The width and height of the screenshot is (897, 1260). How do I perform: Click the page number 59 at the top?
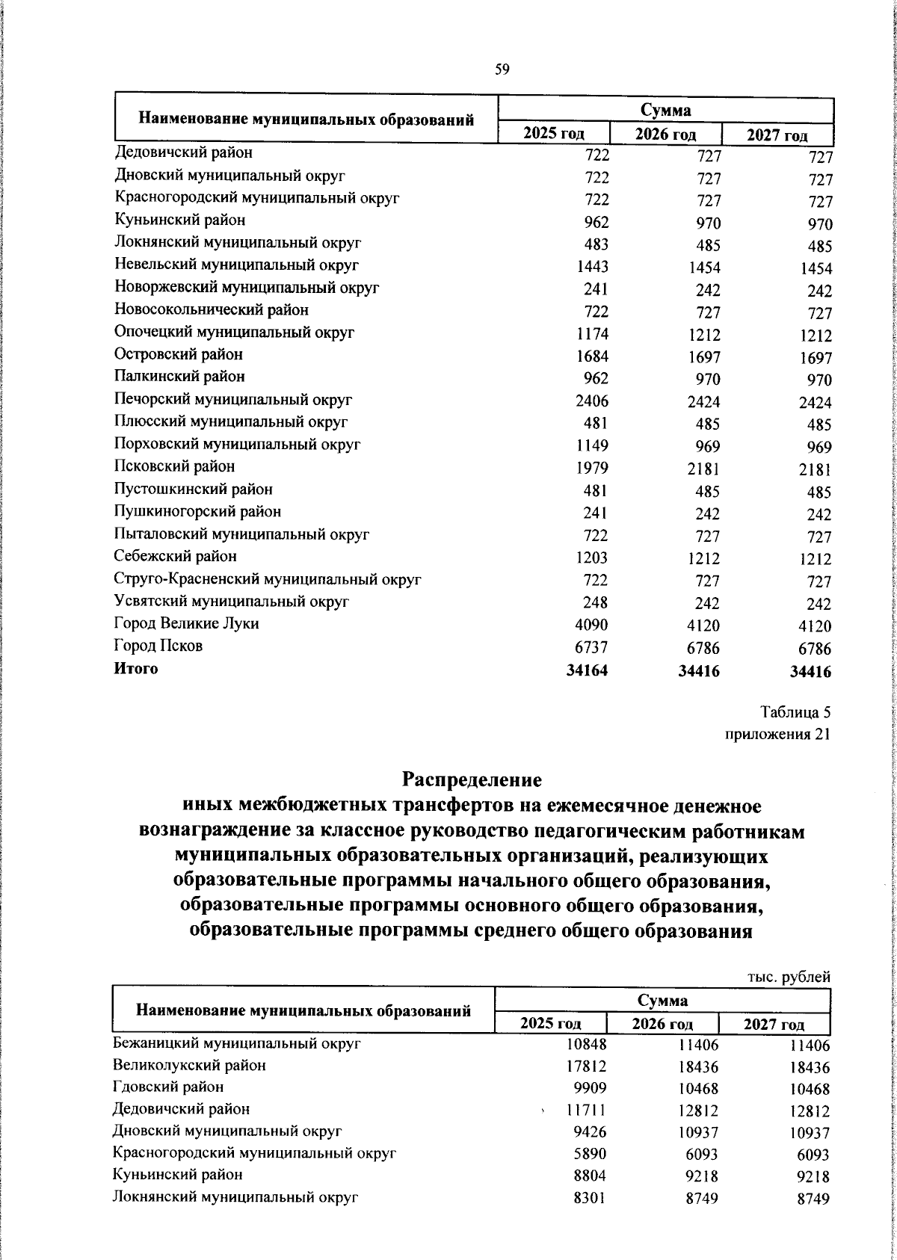coord(502,70)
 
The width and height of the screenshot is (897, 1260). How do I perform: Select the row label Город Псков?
coord(158,646)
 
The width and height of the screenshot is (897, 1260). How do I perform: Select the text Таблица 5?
coord(795,711)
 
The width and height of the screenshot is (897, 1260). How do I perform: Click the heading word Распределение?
coord(472,779)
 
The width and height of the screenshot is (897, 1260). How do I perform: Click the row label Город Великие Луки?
coord(186,623)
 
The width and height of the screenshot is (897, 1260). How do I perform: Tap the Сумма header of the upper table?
coord(665,111)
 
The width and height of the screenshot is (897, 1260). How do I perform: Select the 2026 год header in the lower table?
coord(662,1024)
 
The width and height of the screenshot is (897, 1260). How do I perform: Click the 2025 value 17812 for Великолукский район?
coord(585,1066)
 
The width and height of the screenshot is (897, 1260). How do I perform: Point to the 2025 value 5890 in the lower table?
coord(589,1154)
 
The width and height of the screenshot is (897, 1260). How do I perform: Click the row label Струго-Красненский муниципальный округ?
coord(268,578)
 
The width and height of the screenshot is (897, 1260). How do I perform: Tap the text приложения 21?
coord(777,734)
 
